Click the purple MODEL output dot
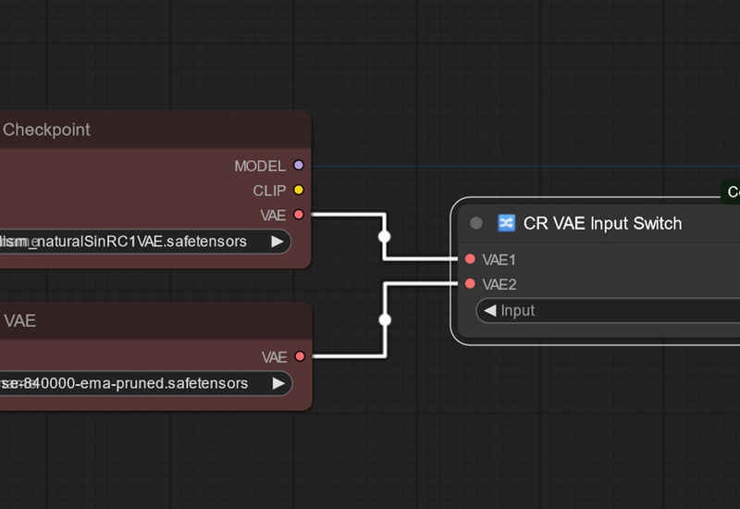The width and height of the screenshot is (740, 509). coord(298,166)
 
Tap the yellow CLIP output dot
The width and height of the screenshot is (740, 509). coord(298,191)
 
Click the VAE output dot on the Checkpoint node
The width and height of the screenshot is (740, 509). coord(298,215)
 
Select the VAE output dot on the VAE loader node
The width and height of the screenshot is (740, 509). coord(299,356)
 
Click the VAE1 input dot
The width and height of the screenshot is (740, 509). coord(470,260)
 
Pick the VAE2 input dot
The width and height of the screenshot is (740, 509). coord(470,284)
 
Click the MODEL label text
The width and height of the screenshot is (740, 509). coord(260,167)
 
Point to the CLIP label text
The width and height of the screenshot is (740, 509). coord(269,191)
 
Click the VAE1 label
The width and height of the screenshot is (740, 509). coord(499,260)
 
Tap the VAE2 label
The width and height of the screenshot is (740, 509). coord(499,284)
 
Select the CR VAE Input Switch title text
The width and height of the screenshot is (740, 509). coord(602,223)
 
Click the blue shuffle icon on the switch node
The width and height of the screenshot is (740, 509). coord(506,223)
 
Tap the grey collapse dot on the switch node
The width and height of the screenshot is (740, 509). coord(476,223)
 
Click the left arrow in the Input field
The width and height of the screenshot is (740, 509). coord(489,311)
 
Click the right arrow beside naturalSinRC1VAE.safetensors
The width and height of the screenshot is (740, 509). coord(277,242)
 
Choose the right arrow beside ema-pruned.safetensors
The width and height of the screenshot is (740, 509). coord(277,383)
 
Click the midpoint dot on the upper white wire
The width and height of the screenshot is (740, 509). coord(385,237)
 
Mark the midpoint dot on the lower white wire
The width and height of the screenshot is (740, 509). coord(385,320)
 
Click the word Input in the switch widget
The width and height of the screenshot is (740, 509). coord(518,311)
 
